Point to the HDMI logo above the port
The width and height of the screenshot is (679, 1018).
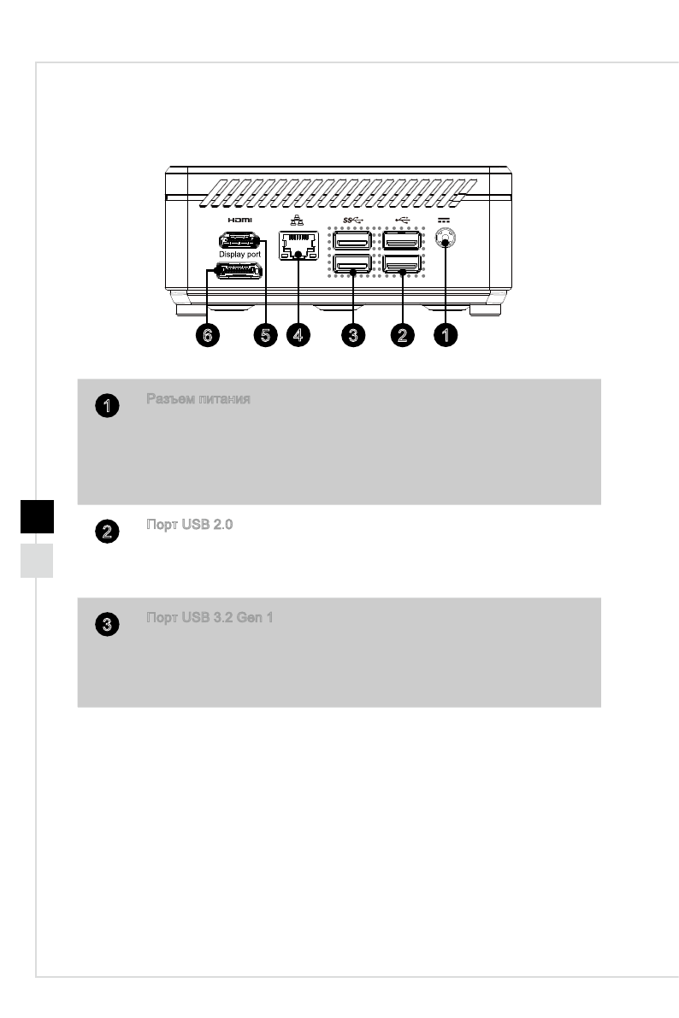click(x=235, y=220)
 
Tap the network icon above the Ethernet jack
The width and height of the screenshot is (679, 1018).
click(x=296, y=220)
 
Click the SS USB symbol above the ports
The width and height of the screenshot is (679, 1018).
click(x=351, y=220)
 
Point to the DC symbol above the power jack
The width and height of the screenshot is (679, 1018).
click(x=444, y=220)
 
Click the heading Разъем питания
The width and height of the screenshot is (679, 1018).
click(x=198, y=399)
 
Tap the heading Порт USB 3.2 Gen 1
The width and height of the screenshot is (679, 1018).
click(x=210, y=618)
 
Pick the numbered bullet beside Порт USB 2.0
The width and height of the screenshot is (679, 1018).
click(x=106, y=532)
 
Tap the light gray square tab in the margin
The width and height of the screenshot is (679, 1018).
click(x=38, y=560)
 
